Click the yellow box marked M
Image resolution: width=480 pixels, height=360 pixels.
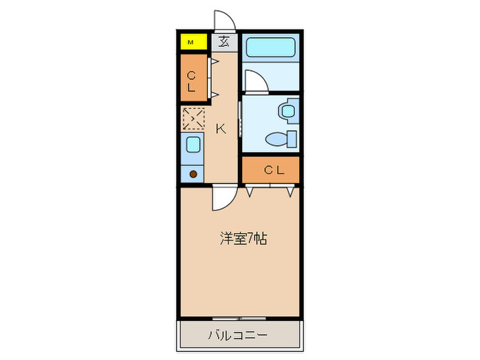click(x=193, y=43)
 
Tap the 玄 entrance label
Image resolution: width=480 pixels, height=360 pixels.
click(x=224, y=42)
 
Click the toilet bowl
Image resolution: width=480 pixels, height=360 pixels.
click(x=279, y=139)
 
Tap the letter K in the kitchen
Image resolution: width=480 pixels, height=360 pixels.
click(x=221, y=128)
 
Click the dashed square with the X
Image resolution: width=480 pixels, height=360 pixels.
click(x=193, y=119)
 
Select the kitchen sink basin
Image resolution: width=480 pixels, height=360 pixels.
click(x=193, y=145)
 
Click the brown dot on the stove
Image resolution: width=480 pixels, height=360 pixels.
click(x=193, y=173)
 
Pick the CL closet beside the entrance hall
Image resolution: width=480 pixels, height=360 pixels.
click(x=191, y=80)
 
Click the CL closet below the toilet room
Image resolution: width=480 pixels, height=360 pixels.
click(x=271, y=169)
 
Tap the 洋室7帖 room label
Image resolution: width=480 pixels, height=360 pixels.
click(x=243, y=239)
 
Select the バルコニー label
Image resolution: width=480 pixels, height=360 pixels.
click(x=238, y=336)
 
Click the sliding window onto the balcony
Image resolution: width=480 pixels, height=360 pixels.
click(x=239, y=318)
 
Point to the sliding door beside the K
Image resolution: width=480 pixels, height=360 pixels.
click(x=239, y=119)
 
